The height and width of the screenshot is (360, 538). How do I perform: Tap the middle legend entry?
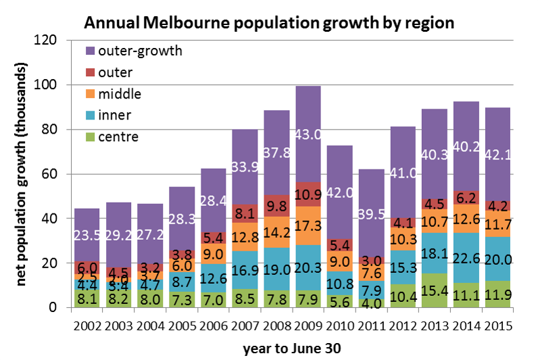121,94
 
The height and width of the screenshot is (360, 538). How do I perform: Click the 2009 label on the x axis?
308,324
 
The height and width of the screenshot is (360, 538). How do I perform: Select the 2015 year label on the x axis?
497,324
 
